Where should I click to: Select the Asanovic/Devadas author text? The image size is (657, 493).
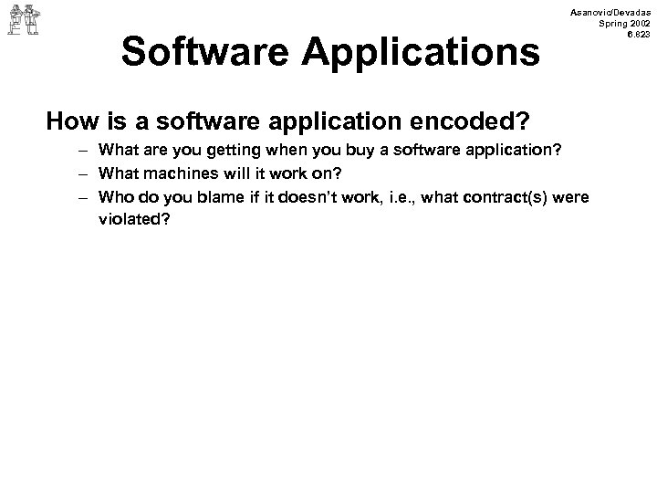(612, 10)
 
